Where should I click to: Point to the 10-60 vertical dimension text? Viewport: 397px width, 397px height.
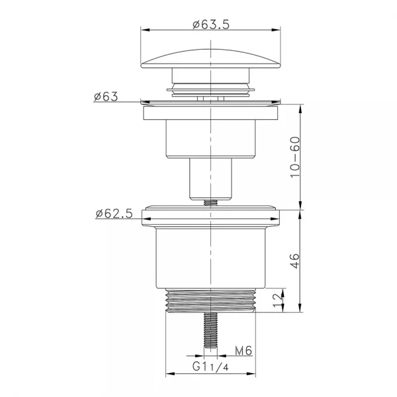(x=295, y=155)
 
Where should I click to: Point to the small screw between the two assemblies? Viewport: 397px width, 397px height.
(x=210, y=202)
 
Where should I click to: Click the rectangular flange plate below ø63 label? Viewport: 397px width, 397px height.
(x=210, y=113)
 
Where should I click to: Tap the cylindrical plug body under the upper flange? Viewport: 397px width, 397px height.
(x=210, y=139)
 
